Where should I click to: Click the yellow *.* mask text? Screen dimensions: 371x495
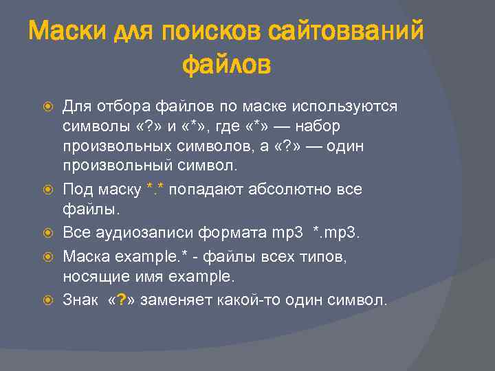pyautogui.click(x=155, y=189)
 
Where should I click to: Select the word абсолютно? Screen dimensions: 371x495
pyautogui.click(x=274, y=189)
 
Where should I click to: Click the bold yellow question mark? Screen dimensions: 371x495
pyautogui.click(x=122, y=300)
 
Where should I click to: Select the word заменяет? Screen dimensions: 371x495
pyautogui.click(x=175, y=300)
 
